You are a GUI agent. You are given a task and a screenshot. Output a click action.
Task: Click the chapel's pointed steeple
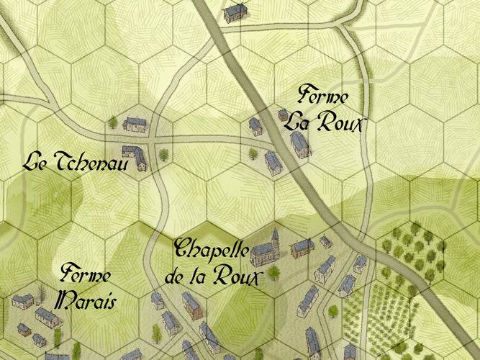pos(274,235)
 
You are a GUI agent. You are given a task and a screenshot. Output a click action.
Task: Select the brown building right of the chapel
pos(302,248)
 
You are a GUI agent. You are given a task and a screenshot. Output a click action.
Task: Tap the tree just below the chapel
pos(273,272)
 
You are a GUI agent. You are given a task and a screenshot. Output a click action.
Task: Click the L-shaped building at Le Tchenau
pos(134,157)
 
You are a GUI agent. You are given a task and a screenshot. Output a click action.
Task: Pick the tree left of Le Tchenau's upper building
pos(113,122)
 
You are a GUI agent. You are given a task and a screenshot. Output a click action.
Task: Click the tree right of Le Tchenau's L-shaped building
pos(164,154)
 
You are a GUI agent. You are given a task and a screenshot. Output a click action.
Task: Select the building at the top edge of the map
pos(235,12)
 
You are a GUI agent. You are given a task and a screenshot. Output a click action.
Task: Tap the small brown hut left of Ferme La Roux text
pos(283,114)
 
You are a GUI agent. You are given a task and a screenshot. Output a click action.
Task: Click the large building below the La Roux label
pos(300,143)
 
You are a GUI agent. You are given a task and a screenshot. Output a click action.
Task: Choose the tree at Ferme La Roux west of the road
pos(253,153)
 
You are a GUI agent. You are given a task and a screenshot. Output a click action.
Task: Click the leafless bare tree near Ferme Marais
pos(41,292)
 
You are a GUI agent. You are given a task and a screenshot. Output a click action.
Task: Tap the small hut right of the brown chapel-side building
pos(325,241)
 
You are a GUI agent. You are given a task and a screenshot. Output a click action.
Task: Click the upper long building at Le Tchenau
pos(135,124)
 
